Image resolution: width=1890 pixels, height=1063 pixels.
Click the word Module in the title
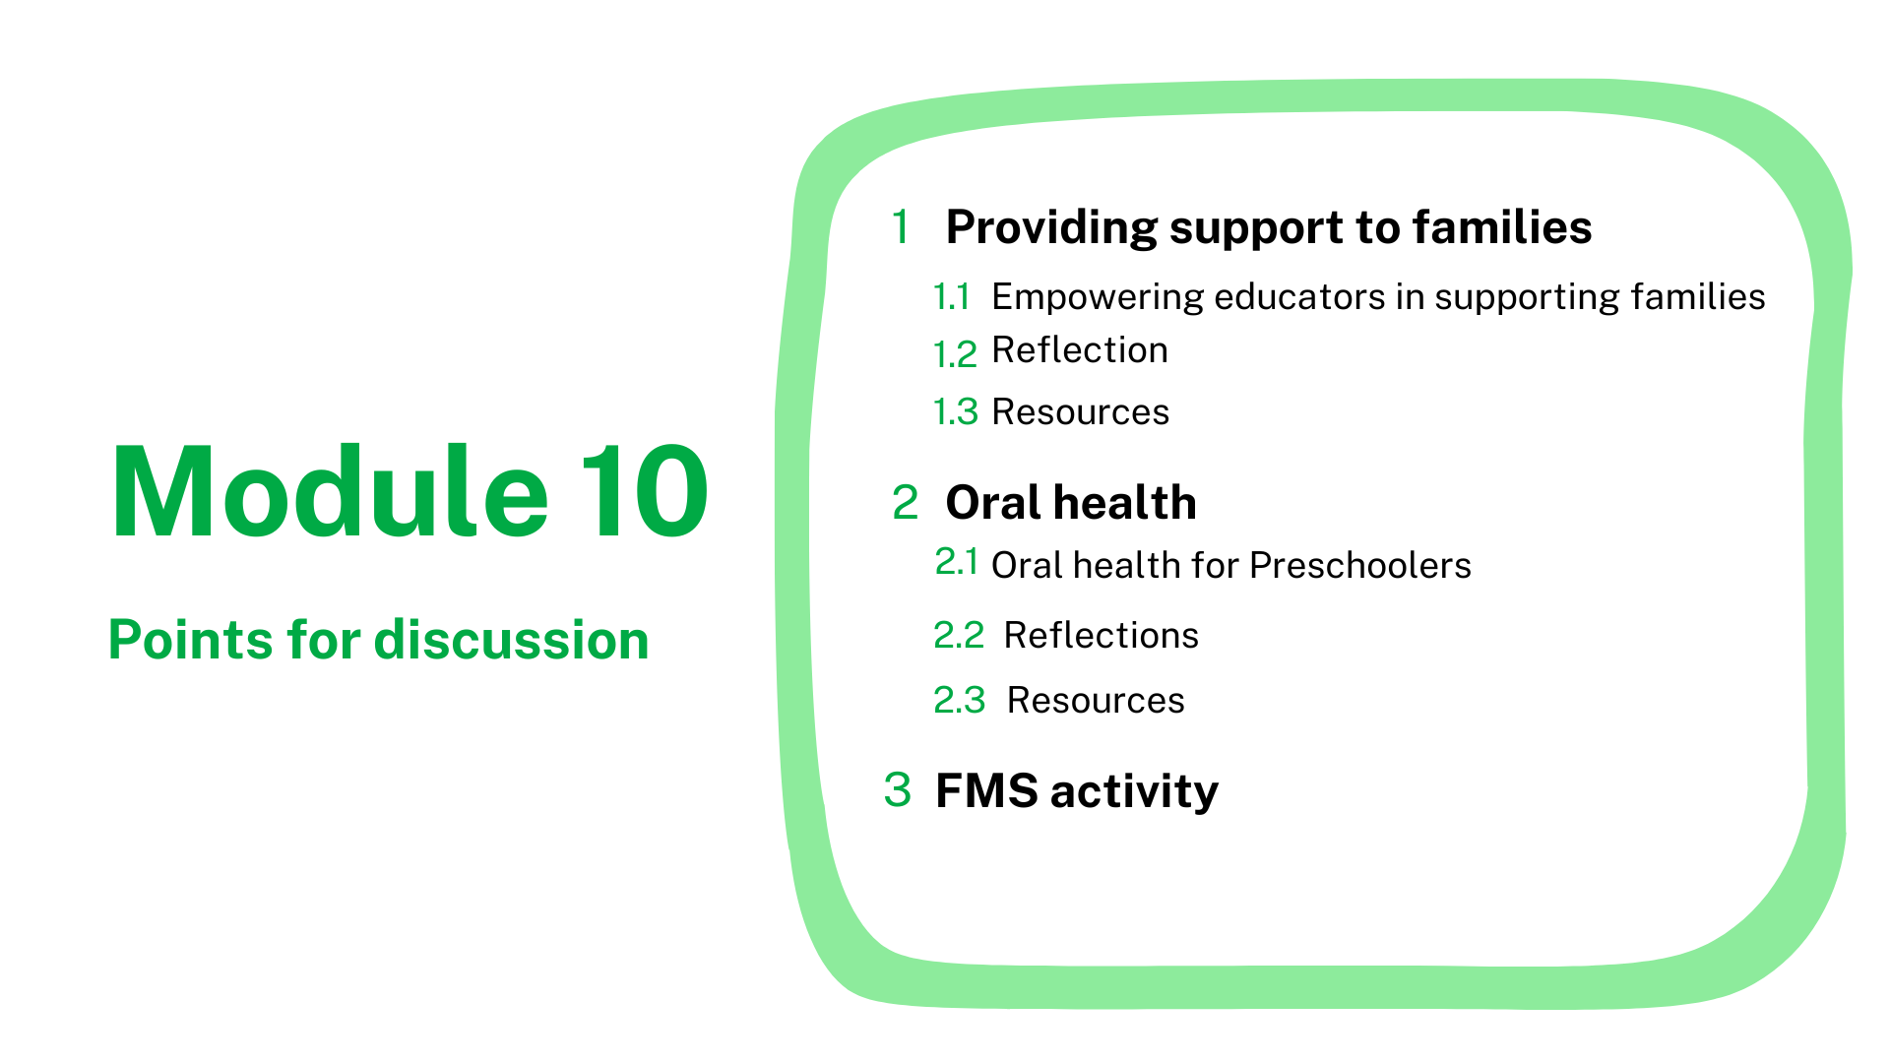pyautogui.click(x=330, y=491)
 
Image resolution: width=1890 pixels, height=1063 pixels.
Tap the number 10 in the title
pyautogui.click(x=645, y=491)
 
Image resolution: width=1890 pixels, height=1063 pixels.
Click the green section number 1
pyautogui.click(x=901, y=226)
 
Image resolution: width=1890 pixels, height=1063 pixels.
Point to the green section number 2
pyautogui.click(x=905, y=503)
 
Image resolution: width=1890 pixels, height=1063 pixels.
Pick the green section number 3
pyautogui.click(x=897, y=789)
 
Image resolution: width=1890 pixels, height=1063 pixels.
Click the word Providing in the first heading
pyautogui.click(x=1049, y=228)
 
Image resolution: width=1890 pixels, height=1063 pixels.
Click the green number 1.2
pyautogui.click(x=955, y=354)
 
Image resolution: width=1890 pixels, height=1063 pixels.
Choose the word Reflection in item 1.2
pyautogui.click(x=1080, y=349)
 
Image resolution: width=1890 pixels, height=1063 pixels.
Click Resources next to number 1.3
pyautogui.click(x=1080, y=411)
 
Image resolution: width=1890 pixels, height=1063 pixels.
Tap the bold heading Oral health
pyautogui.click(x=1071, y=503)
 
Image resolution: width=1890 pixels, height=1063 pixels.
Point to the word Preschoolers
pyautogui.click(x=1360, y=565)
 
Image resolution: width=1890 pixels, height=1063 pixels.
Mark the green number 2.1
pyautogui.click(x=956, y=561)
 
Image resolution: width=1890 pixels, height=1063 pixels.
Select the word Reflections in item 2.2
pyautogui.click(x=1101, y=635)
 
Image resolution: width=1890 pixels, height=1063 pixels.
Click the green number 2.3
pyautogui.click(x=959, y=700)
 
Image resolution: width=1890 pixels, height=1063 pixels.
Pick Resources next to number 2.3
pyautogui.click(x=1096, y=700)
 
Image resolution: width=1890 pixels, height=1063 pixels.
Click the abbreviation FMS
pyautogui.click(x=986, y=790)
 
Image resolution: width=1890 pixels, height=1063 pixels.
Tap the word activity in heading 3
pyautogui.click(x=1134, y=792)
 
